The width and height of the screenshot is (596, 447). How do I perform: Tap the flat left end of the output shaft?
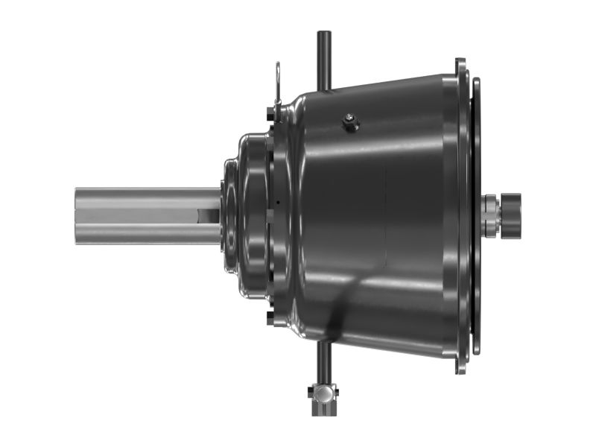point(77,216)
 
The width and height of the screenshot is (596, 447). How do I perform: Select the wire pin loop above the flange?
point(277,77)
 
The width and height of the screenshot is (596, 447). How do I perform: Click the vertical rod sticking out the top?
point(324,56)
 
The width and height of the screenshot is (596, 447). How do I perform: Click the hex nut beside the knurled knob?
point(490,215)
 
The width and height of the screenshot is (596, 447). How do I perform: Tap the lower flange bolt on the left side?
point(269,318)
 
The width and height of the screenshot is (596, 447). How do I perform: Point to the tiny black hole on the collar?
point(276,202)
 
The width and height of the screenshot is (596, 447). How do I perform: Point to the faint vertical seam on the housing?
point(385,216)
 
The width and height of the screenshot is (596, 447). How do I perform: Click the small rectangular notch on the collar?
point(269,216)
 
